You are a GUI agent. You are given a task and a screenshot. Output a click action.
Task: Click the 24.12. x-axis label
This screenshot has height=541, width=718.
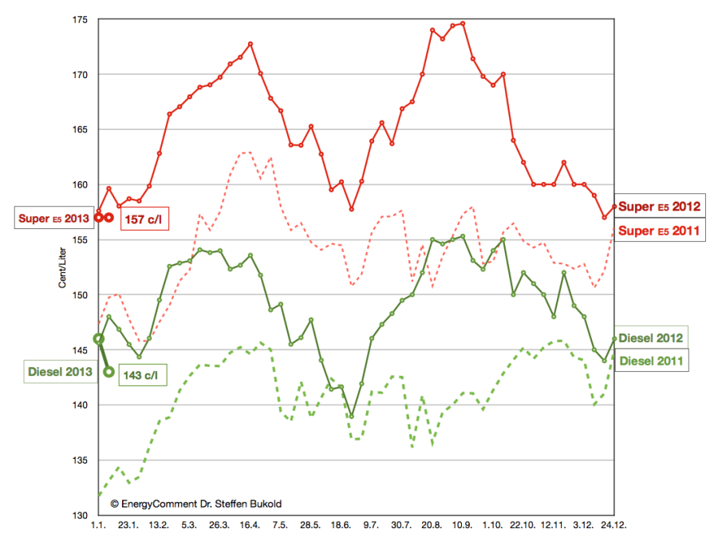click(x=613, y=526)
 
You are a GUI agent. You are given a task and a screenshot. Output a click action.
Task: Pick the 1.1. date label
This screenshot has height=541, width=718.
click(x=98, y=526)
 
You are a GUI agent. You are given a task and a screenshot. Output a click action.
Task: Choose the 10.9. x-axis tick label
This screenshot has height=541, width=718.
click(x=463, y=526)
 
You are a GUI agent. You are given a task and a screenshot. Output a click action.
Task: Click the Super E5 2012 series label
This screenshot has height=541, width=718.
click(x=660, y=207)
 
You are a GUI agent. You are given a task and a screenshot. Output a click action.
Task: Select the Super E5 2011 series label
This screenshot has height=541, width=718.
click(x=660, y=231)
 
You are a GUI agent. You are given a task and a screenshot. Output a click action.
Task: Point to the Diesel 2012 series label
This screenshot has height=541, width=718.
click(x=651, y=338)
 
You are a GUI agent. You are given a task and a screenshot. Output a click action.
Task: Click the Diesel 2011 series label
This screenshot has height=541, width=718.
click(x=651, y=361)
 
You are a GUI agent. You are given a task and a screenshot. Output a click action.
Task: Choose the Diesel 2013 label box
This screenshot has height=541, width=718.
click(x=58, y=371)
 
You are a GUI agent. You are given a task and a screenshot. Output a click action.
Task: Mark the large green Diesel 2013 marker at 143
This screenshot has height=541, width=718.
click(x=108, y=371)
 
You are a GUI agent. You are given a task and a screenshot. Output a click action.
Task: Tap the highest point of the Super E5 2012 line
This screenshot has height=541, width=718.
click(x=463, y=23)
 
